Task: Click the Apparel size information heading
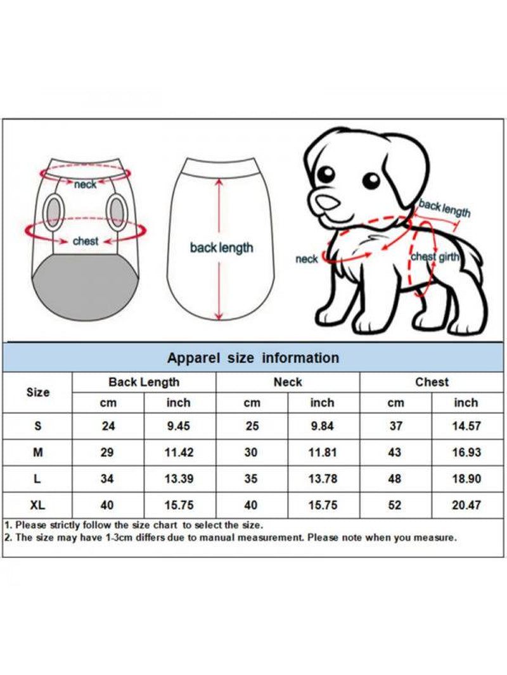[253, 358]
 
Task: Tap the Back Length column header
[144, 382]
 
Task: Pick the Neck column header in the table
[288, 382]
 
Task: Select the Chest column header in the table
[432, 382]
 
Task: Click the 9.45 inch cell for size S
[179, 426]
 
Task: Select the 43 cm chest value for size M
[395, 452]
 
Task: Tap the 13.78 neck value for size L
[322, 479]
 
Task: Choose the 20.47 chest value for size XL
[466, 505]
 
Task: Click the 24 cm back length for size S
[108, 426]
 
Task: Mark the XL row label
[38, 505]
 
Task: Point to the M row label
[38, 452]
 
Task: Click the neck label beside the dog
[306, 259]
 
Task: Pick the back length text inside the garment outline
[221, 248]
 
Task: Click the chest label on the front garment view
[86, 241]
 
